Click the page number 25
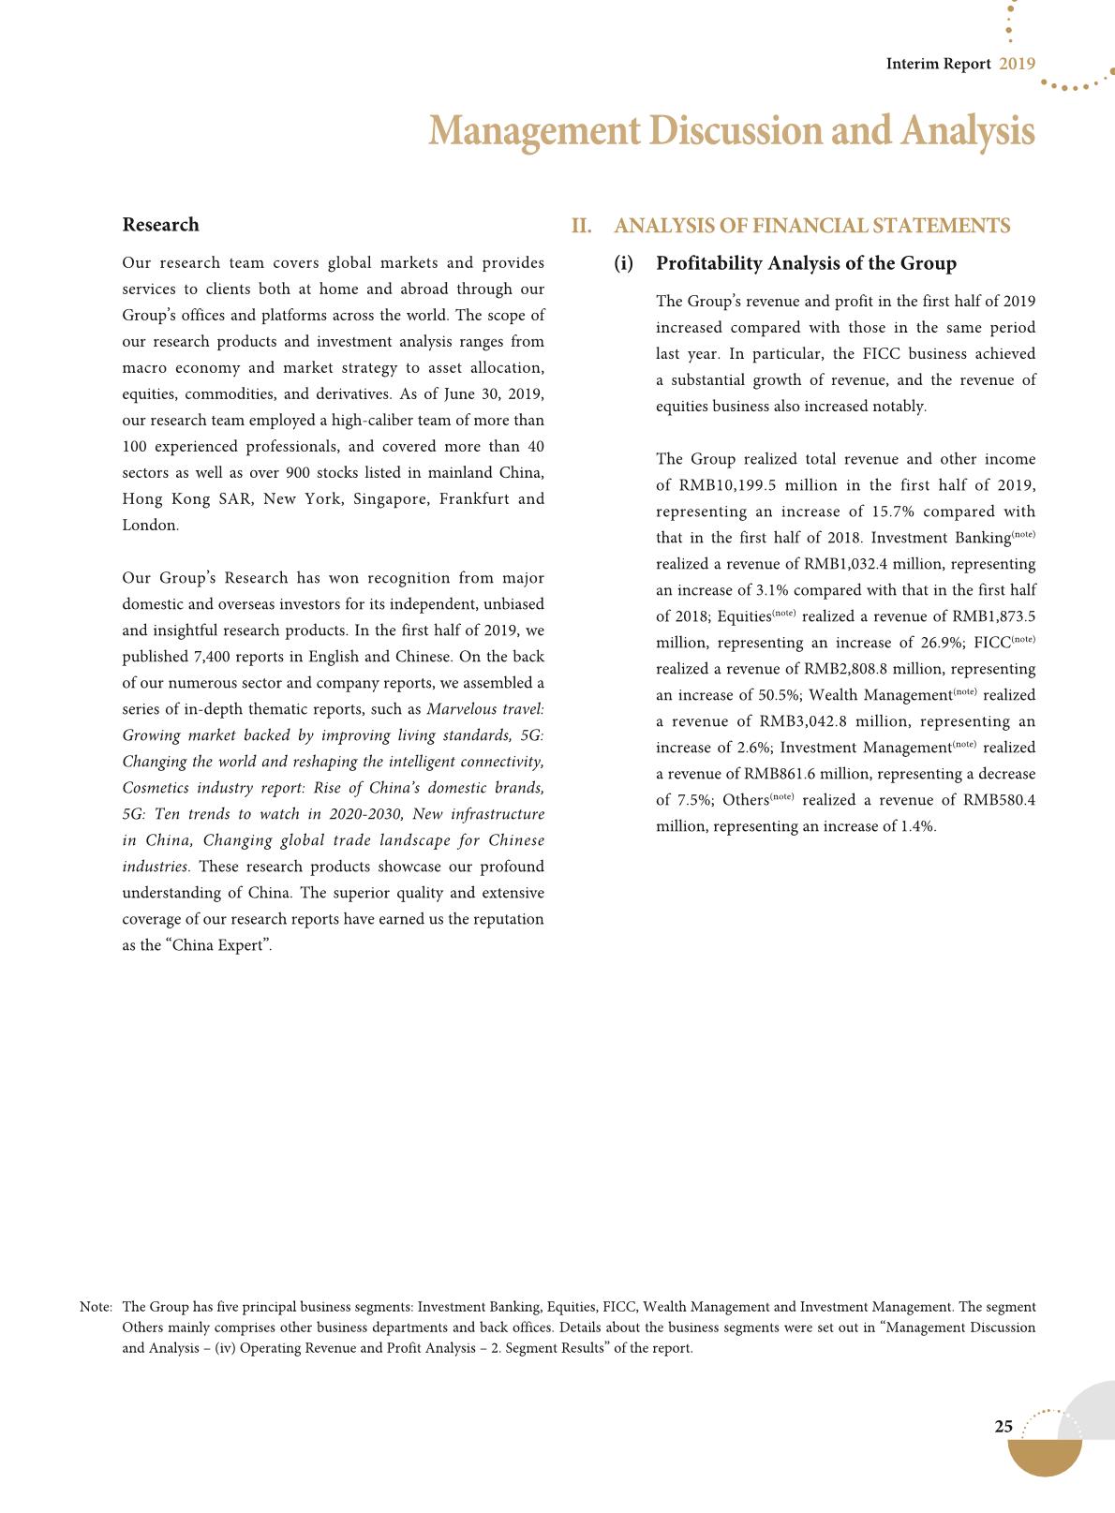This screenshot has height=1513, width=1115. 1003,1427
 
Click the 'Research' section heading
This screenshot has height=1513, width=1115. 160,225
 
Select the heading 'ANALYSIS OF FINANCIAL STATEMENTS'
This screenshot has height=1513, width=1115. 811,226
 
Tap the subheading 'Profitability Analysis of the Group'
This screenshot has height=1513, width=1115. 806,263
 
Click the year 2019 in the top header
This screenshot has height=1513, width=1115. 1017,64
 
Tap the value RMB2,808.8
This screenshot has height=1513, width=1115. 847,669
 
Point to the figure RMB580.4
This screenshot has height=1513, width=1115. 999,800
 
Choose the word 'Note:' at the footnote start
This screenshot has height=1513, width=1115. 97,1307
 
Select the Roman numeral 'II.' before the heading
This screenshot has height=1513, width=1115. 582,226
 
